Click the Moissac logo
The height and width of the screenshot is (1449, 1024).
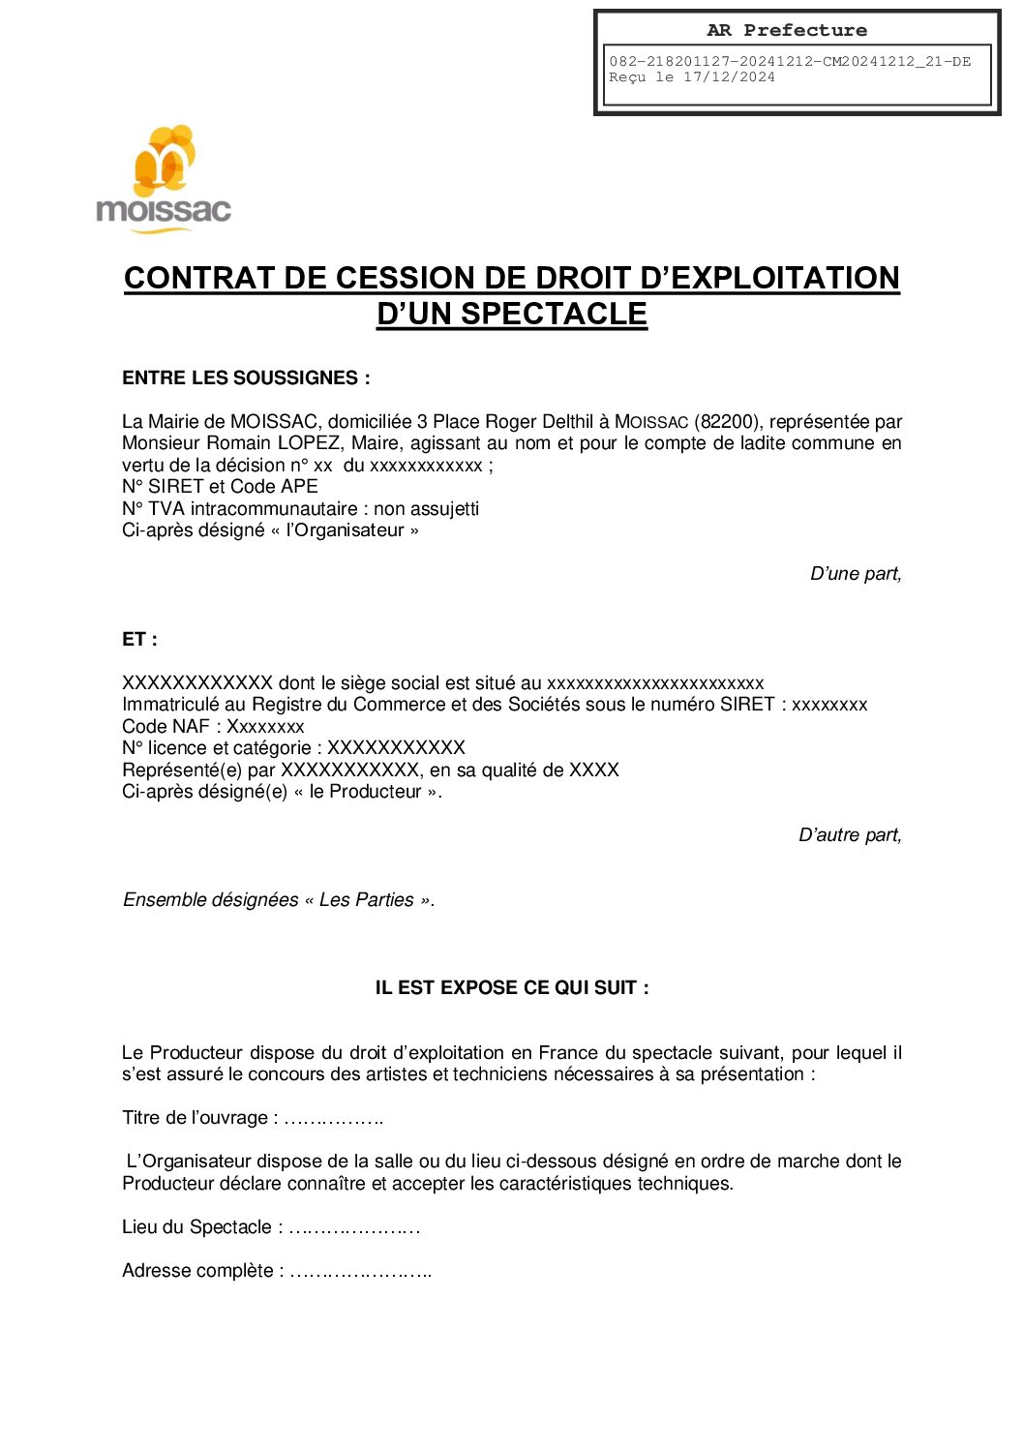tap(164, 179)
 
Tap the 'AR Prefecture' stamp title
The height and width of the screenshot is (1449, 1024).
tap(786, 30)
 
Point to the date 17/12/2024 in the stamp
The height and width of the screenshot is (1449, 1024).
tap(729, 77)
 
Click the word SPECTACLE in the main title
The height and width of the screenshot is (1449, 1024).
tap(553, 314)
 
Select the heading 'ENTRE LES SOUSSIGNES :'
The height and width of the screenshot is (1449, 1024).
tap(246, 378)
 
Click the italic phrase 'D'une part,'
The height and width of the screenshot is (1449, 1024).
tap(855, 574)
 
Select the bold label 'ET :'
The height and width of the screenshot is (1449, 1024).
tap(139, 640)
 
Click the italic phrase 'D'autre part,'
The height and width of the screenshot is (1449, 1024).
tap(849, 835)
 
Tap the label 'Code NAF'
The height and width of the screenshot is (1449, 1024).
tap(166, 727)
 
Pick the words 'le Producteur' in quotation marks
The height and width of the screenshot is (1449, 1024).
tap(375, 792)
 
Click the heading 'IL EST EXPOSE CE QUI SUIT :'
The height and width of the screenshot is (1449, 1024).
tap(512, 988)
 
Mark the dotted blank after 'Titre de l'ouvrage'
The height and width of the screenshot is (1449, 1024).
tap(335, 1119)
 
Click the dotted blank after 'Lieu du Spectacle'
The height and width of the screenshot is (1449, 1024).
tap(354, 1228)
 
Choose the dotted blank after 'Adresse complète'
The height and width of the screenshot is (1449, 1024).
tap(360, 1272)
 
